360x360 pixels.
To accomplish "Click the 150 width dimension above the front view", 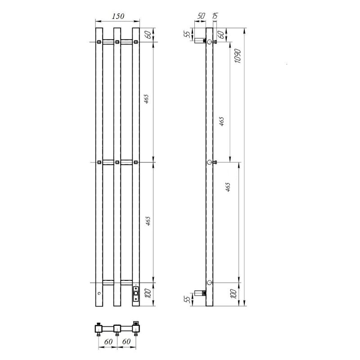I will click(x=117, y=17).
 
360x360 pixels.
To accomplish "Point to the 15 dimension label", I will click(x=215, y=16).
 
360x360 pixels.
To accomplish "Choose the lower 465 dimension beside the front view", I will click(x=147, y=221).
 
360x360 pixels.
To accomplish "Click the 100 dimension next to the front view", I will click(x=147, y=294).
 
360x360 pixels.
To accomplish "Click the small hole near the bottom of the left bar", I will click(x=99, y=293).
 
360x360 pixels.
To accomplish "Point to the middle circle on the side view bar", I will click(x=209, y=162).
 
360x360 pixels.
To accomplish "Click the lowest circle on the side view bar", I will click(x=209, y=282).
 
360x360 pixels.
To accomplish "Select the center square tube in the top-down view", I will click(x=117, y=328).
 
